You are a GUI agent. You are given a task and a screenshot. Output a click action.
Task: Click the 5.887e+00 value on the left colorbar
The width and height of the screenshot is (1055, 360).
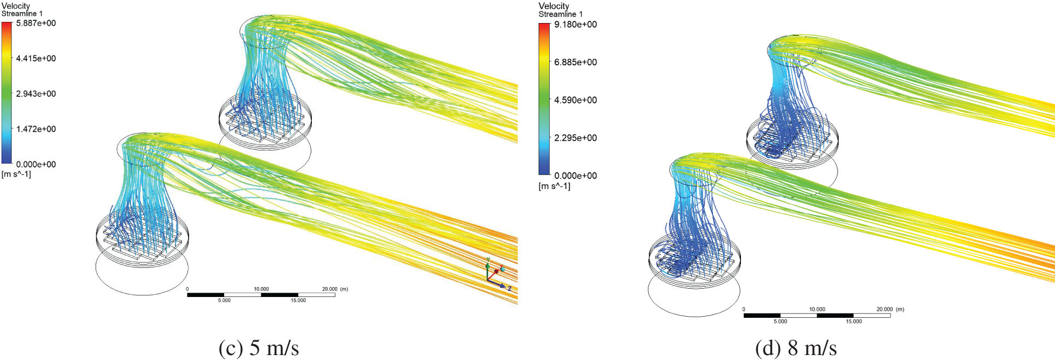point(36,24)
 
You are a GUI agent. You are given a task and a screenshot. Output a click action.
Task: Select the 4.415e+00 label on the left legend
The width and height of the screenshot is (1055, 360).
point(36,59)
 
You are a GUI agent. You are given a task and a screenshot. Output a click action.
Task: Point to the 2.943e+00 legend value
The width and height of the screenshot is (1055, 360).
point(36,94)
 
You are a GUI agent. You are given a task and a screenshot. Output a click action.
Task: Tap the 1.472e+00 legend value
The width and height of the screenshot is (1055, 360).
point(36,129)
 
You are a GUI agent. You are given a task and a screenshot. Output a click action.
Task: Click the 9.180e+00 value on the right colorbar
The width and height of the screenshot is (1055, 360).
point(575,25)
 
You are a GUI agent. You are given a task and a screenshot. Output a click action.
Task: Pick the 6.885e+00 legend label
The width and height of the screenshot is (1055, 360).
point(575,62)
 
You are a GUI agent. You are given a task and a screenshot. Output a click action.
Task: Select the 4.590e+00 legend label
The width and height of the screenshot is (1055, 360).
point(575,100)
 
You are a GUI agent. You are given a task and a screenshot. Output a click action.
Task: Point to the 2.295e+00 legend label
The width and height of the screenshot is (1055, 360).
point(575,138)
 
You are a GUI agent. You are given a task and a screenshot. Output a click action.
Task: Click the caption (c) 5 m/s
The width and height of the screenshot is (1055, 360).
point(259,348)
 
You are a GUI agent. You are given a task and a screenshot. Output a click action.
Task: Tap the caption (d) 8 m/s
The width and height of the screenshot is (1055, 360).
point(796,348)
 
